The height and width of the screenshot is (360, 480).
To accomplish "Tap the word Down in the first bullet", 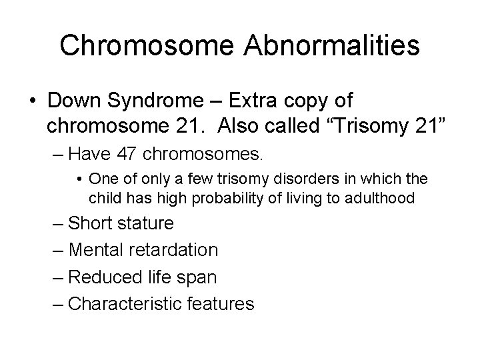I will pyautogui.click(x=75, y=101).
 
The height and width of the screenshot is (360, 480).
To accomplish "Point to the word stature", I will pyautogui.click(x=144, y=223).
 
